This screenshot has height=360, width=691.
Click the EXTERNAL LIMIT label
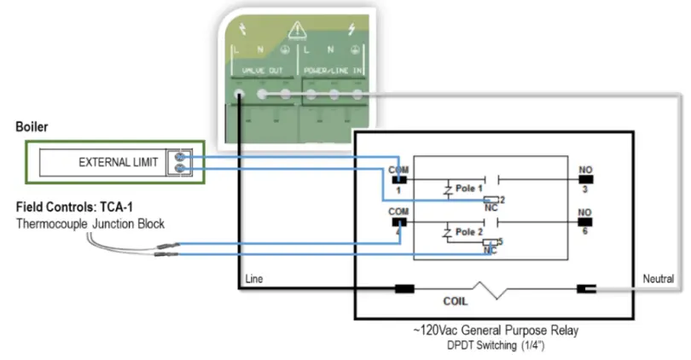click(118, 162)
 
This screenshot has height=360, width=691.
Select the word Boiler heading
click(32, 127)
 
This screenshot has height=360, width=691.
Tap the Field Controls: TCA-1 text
click(74, 207)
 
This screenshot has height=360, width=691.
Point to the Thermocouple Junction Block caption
click(90, 224)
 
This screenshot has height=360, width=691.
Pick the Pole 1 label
click(468, 188)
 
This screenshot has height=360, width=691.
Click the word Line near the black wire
click(254, 279)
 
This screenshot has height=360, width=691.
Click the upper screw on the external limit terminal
click(181, 157)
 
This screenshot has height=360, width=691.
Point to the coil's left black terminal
click(404, 289)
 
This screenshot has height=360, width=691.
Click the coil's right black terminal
click(585, 289)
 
